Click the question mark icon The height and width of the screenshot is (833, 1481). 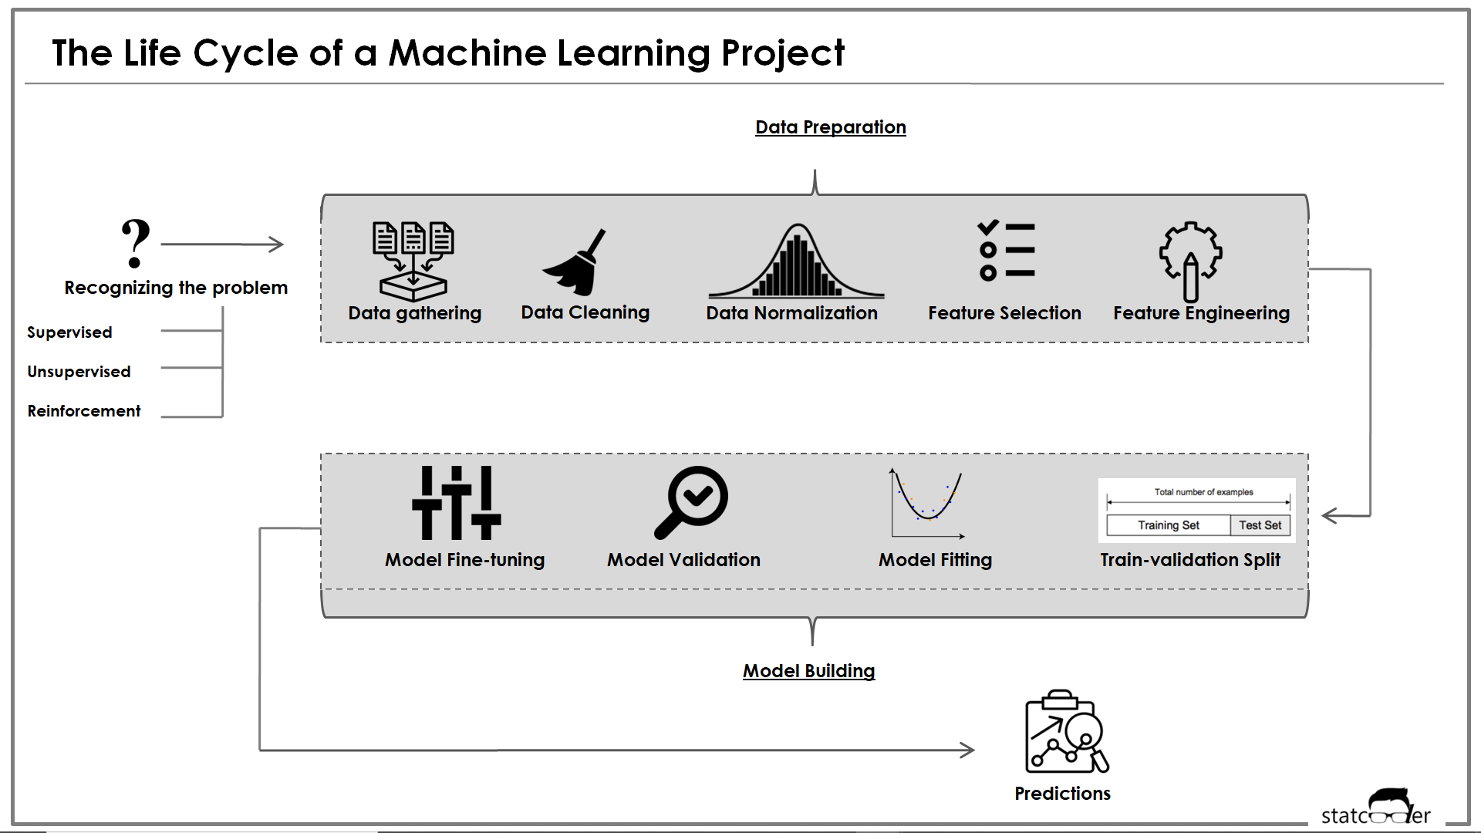pyautogui.click(x=136, y=243)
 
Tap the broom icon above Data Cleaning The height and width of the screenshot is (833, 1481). pyautogui.click(x=575, y=264)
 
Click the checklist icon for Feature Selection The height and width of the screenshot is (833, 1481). pyautogui.click(x=1006, y=251)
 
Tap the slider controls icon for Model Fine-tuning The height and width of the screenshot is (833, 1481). pyautogui.click(x=457, y=503)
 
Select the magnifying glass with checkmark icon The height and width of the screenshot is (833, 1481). pyautogui.click(x=691, y=501)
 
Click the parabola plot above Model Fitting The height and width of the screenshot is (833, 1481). pyautogui.click(x=928, y=503)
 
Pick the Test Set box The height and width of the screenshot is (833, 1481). pyautogui.click(x=1260, y=525)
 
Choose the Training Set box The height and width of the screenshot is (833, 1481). pyautogui.click(x=1168, y=525)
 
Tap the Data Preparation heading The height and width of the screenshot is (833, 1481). pyautogui.click(x=830, y=127)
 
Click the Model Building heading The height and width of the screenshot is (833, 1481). pyautogui.click(x=808, y=671)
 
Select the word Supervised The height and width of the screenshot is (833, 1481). pyautogui.click(x=69, y=332)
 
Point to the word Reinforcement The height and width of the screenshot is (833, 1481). pyautogui.click(x=84, y=411)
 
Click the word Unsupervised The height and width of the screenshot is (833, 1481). pyautogui.click(x=79, y=372)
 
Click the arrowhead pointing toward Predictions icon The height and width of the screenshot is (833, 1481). pyautogui.click(x=967, y=750)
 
